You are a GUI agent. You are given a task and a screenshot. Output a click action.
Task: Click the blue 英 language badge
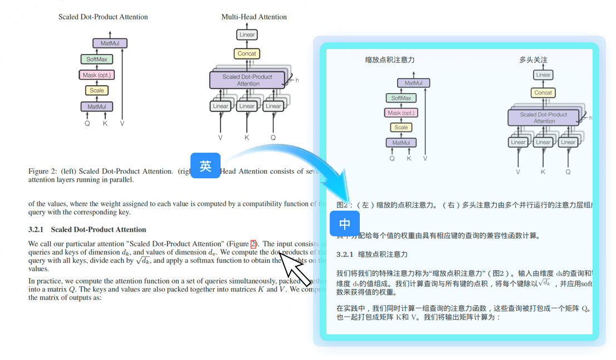[206, 166]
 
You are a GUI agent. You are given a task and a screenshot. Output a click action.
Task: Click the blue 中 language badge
[345, 224]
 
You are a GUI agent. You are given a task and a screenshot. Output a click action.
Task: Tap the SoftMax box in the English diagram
[96, 59]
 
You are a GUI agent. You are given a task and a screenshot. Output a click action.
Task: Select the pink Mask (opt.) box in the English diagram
[96, 75]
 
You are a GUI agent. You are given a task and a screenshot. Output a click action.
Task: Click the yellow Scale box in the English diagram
[96, 90]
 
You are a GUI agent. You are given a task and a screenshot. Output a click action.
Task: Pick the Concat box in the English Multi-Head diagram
[247, 53]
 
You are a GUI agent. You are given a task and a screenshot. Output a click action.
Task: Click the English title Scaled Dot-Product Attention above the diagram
[103, 17]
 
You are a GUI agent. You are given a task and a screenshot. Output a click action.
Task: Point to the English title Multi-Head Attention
[254, 17]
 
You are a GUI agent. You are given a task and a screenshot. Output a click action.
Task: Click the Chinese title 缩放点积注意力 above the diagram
[390, 60]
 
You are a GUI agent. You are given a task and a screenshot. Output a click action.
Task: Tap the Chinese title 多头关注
[534, 60]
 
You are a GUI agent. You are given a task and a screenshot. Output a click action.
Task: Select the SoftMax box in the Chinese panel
[401, 98]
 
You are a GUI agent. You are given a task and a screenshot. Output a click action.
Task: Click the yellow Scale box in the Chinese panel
[401, 128]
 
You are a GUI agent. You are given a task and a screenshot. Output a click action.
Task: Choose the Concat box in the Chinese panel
[543, 93]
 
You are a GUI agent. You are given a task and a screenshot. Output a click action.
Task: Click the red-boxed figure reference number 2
[253, 244]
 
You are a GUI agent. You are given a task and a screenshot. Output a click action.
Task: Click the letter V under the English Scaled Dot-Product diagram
[122, 123]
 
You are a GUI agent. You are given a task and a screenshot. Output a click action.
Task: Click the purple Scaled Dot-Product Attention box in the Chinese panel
[544, 118]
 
